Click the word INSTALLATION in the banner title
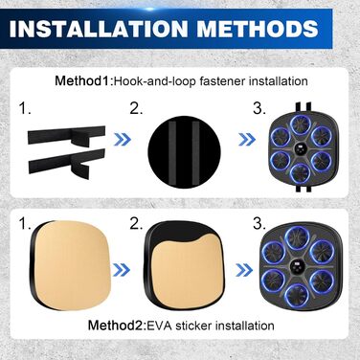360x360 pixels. click(x=99, y=29)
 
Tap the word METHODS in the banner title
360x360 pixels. click(x=258, y=29)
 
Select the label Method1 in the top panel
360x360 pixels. click(x=82, y=80)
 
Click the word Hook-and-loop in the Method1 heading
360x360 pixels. click(x=155, y=81)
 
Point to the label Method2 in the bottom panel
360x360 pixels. click(x=115, y=326)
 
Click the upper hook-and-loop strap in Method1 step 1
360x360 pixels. click(x=66, y=135)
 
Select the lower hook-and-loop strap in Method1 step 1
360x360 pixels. click(x=66, y=161)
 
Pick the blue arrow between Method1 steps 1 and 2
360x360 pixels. click(x=123, y=139)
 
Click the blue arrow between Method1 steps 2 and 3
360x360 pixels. click(x=247, y=139)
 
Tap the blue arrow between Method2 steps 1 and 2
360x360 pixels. click(x=122, y=270)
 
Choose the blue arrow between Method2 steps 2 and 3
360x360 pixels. click(x=244, y=270)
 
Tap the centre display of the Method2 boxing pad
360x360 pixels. click(x=296, y=265)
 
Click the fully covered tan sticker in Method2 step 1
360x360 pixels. click(x=72, y=262)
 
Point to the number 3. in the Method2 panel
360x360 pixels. click(x=259, y=224)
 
